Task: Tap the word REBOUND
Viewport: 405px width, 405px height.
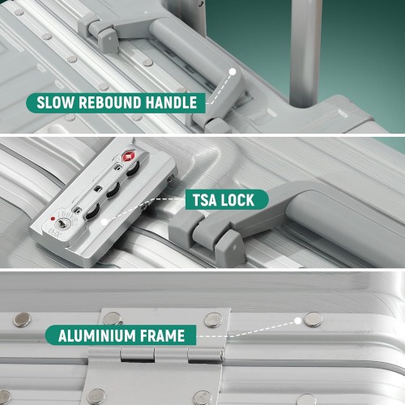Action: (110, 103)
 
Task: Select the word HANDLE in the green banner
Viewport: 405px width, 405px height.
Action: (171, 103)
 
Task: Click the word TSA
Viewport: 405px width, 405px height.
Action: (205, 200)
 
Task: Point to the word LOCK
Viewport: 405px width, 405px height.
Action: (237, 200)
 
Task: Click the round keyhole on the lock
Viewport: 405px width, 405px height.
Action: (62, 224)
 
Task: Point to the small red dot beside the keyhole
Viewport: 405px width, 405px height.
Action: (53, 219)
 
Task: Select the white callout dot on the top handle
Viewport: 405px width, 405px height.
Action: (232, 72)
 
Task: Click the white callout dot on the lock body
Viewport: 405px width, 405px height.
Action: (104, 222)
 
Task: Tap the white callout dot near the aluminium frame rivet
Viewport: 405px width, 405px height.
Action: (297, 321)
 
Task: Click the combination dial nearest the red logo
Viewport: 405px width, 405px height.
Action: (133, 169)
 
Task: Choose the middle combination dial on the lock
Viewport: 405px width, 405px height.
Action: (113, 190)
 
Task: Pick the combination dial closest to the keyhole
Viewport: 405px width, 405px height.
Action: (92, 211)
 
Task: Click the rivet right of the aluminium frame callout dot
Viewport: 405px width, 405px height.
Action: (313, 320)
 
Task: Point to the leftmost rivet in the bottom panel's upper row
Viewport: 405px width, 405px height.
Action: (22, 320)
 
